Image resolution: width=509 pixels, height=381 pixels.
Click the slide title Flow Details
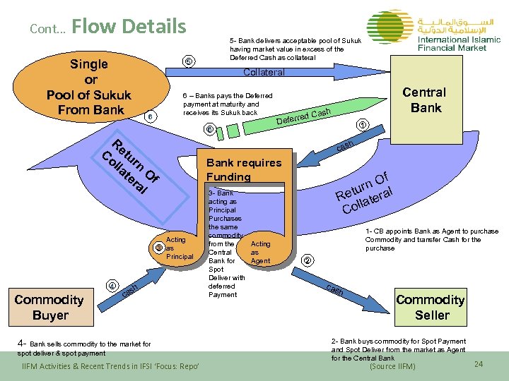coord(129,27)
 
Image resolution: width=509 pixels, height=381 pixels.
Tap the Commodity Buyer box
coord(49,308)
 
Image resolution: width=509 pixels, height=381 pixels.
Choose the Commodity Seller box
coord(431,308)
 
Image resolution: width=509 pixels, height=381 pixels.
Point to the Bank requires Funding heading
coord(243,169)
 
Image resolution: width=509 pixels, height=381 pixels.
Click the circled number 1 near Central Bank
coord(362,126)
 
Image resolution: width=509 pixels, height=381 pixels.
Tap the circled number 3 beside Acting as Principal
coord(159,248)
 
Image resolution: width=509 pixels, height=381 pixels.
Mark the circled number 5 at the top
coord(188,61)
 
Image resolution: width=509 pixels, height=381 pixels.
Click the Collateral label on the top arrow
coord(264,72)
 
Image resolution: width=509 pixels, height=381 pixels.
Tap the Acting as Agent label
coord(260,252)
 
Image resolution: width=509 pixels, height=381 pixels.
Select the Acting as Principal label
coord(178,248)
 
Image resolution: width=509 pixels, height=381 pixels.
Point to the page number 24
coord(479,364)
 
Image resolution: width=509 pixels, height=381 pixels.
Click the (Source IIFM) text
coord(392,366)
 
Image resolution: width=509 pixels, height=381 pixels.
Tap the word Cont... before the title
coord(48,30)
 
